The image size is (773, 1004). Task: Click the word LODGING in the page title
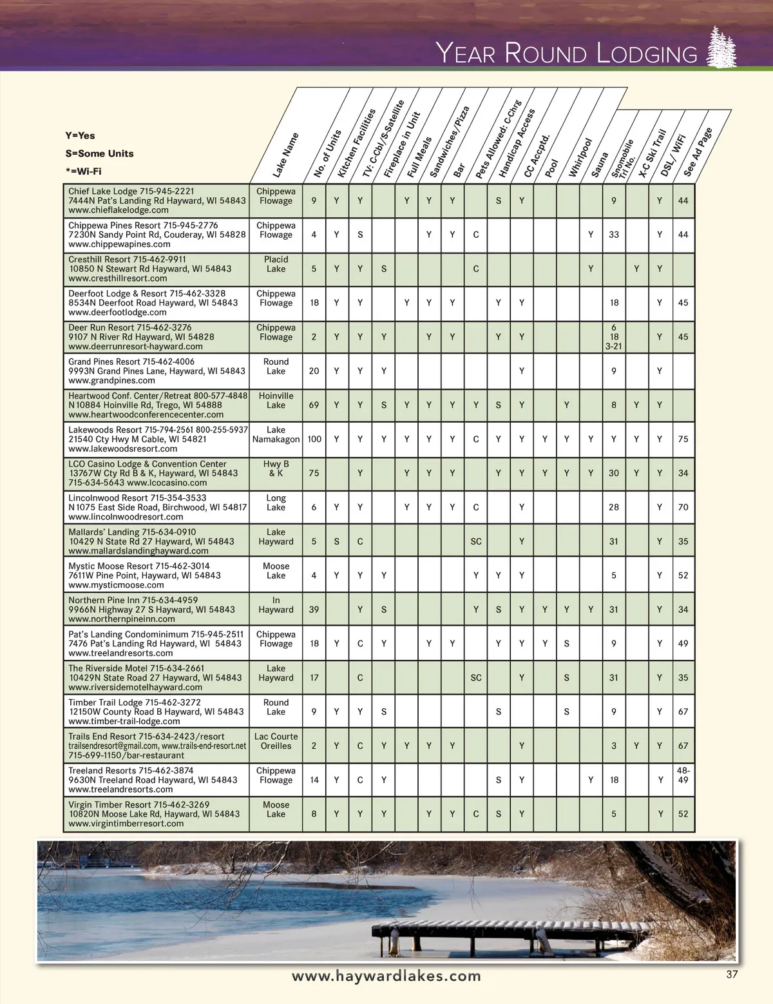click(647, 53)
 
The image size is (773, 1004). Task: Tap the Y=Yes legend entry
click(80, 135)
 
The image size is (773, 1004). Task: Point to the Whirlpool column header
click(580, 158)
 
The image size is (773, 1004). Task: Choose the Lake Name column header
click(285, 155)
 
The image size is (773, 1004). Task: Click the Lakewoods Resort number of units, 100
click(314, 439)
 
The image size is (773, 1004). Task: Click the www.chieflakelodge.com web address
click(119, 210)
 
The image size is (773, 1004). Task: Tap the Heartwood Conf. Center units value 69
click(314, 405)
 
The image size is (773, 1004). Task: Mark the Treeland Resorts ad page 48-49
click(683, 775)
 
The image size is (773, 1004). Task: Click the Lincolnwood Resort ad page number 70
click(683, 507)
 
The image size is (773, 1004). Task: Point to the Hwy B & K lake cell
click(276, 468)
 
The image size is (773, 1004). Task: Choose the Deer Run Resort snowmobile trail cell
click(614, 336)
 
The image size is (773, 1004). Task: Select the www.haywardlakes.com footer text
click(386, 976)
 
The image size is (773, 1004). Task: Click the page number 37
click(732, 974)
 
